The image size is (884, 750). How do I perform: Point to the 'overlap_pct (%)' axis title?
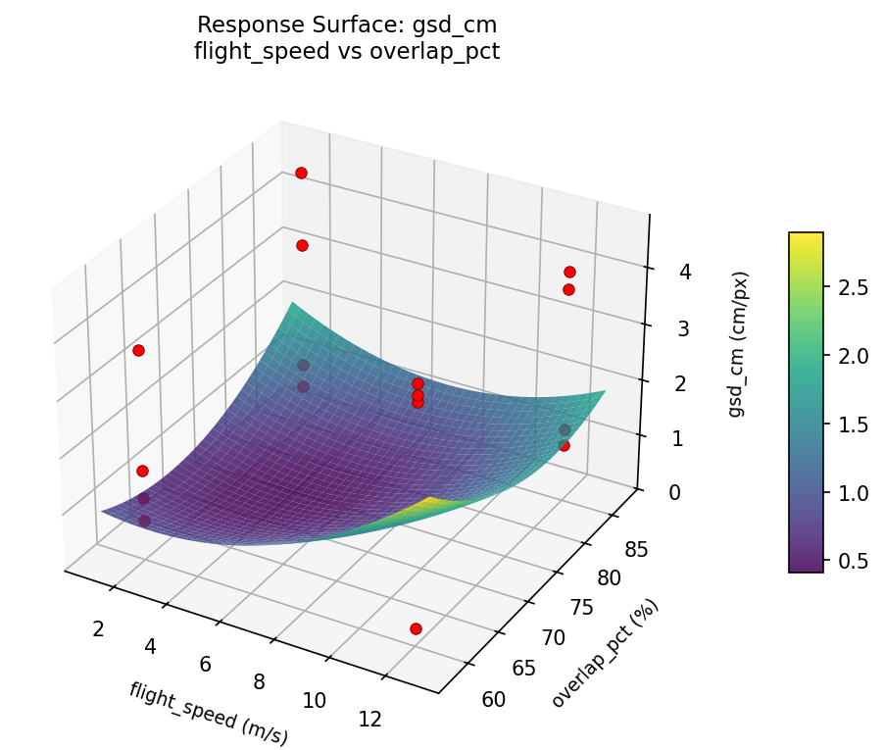coord(605,653)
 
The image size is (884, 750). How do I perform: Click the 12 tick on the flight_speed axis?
coord(369,720)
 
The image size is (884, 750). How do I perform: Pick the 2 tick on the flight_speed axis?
coord(98,628)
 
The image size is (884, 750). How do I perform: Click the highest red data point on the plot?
coord(301,173)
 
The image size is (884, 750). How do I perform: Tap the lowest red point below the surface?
coord(416,628)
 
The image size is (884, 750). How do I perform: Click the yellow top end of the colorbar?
coord(806,238)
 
